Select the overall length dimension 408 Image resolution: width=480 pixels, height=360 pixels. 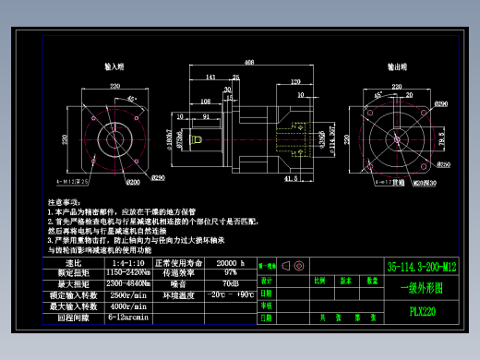[249, 63]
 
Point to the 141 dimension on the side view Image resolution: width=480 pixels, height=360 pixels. [210, 78]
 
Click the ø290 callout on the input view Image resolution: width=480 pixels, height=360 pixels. [158, 177]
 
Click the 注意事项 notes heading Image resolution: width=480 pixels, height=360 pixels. [62, 200]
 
